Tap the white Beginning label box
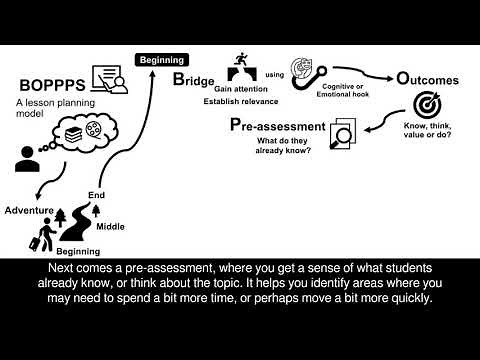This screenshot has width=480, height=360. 161,60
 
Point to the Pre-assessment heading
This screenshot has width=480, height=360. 277,126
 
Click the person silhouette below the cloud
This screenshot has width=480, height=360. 27,158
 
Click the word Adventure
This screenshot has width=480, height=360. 28,211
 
